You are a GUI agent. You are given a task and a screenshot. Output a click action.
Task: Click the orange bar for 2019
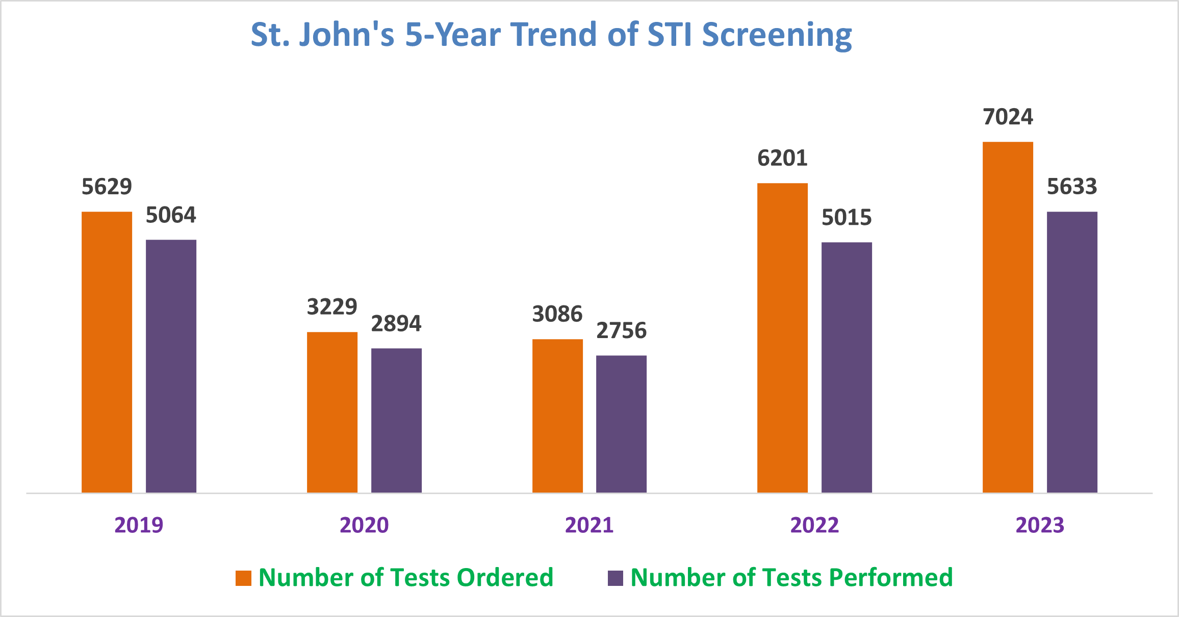(x=107, y=352)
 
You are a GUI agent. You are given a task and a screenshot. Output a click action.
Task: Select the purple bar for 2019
(x=171, y=366)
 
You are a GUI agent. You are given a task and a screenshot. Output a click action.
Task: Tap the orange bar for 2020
(x=332, y=412)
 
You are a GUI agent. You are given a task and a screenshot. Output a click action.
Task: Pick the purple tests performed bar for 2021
(x=621, y=424)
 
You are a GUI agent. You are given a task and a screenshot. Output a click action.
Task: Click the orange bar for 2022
(x=782, y=338)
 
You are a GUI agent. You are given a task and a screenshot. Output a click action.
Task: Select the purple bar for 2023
(x=1072, y=352)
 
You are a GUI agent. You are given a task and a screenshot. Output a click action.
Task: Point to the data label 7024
(x=1008, y=117)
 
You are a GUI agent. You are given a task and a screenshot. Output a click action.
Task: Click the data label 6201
(x=782, y=158)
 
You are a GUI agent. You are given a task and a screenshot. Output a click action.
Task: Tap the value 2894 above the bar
(x=396, y=324)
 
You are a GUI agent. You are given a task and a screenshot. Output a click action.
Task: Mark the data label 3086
(x=557, y=314)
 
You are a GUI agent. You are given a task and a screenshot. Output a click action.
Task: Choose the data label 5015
(x=847, y=218)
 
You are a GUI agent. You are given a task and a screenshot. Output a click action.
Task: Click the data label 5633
(x=1072, y=187)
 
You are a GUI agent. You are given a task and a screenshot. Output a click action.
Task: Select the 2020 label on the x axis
(x=364, y=525)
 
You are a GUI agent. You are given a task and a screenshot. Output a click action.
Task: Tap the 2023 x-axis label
(x=1040, y=525)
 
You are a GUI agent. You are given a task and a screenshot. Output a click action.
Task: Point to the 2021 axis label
(x=589, y=525)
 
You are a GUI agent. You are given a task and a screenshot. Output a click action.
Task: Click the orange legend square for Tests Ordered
(x=243, y=578)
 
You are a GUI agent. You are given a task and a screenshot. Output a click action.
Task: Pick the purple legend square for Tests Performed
(x=616, y=578)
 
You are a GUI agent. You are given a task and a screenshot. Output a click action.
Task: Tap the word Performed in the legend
(x=890, y=578)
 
